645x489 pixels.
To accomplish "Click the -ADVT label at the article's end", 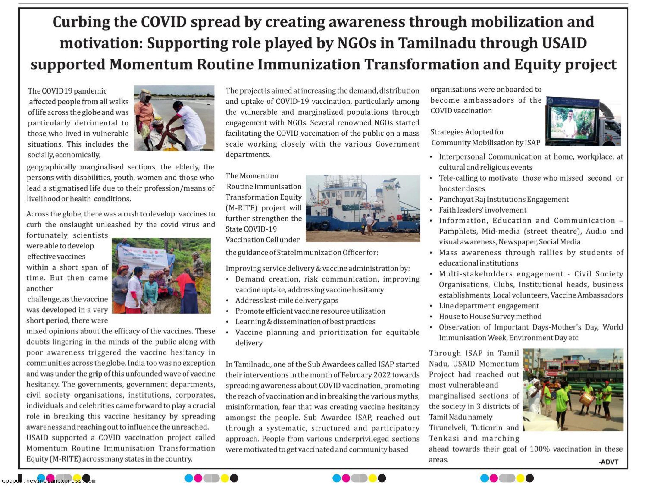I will point(608,462).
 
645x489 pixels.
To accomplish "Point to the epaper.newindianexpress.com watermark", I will point(48,480).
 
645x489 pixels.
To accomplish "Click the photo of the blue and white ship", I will point(362,208).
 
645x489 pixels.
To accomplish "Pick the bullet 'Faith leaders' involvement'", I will point(483,210).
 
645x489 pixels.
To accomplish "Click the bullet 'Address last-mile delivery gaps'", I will point(287,301).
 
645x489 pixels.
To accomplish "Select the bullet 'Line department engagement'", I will point(489,306).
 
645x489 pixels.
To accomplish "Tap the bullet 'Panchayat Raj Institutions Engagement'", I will point(504,200).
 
